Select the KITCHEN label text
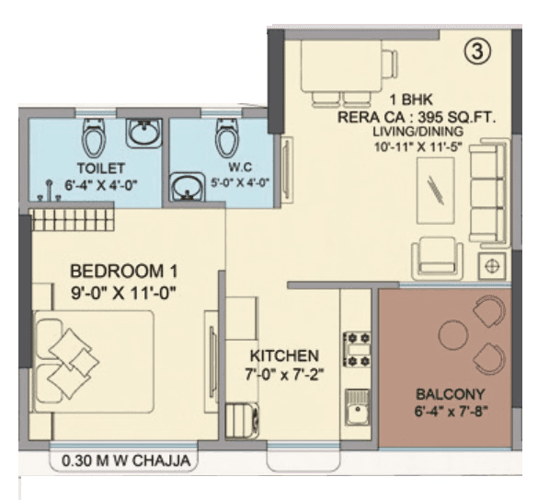click(284, 355)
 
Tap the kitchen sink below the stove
click(356, 405)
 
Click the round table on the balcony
click(454, 334)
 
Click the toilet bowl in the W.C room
click(226, 138)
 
